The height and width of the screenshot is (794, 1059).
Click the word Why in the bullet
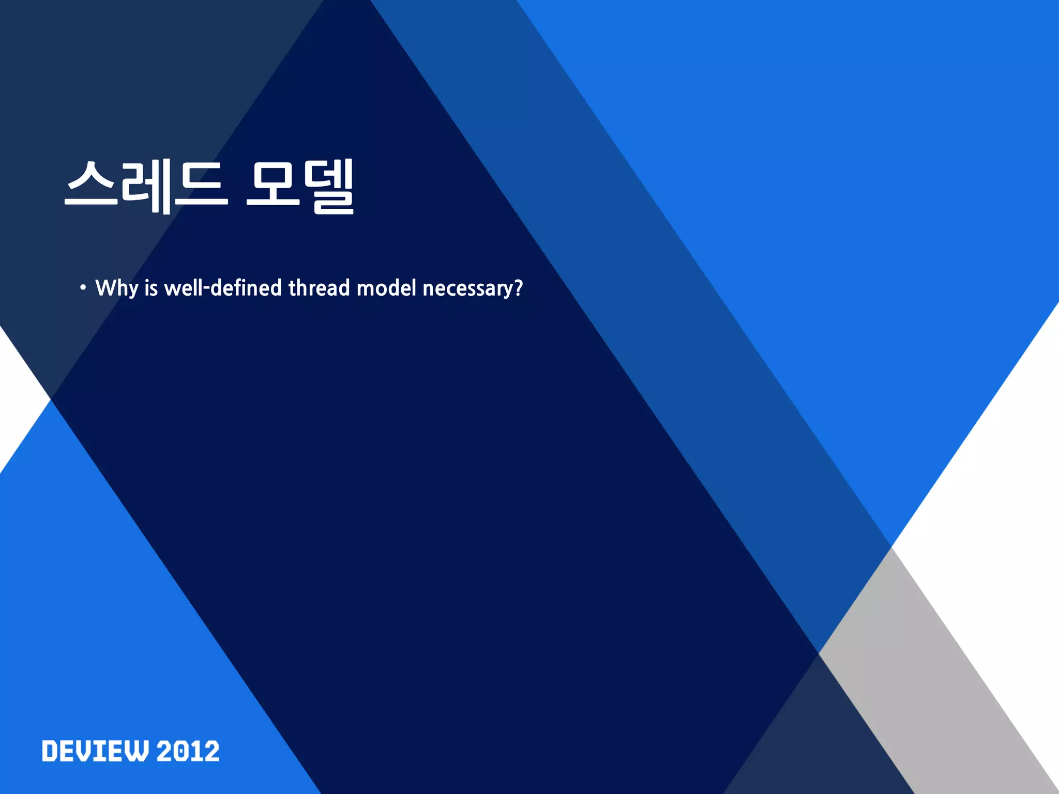(117, 288)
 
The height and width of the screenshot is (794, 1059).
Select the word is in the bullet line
(151, 288)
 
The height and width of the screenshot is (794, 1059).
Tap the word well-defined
(222, 288)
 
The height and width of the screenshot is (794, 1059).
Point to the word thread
(319, 288)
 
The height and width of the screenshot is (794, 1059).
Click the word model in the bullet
(386, 288)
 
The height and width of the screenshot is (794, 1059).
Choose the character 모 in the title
(273, 184)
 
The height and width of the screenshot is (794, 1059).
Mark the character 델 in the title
(329, 186)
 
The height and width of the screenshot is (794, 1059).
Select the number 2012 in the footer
(188, 751)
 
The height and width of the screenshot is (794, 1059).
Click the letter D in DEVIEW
(51, 751)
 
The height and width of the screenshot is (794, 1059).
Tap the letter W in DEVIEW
(138, 751)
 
